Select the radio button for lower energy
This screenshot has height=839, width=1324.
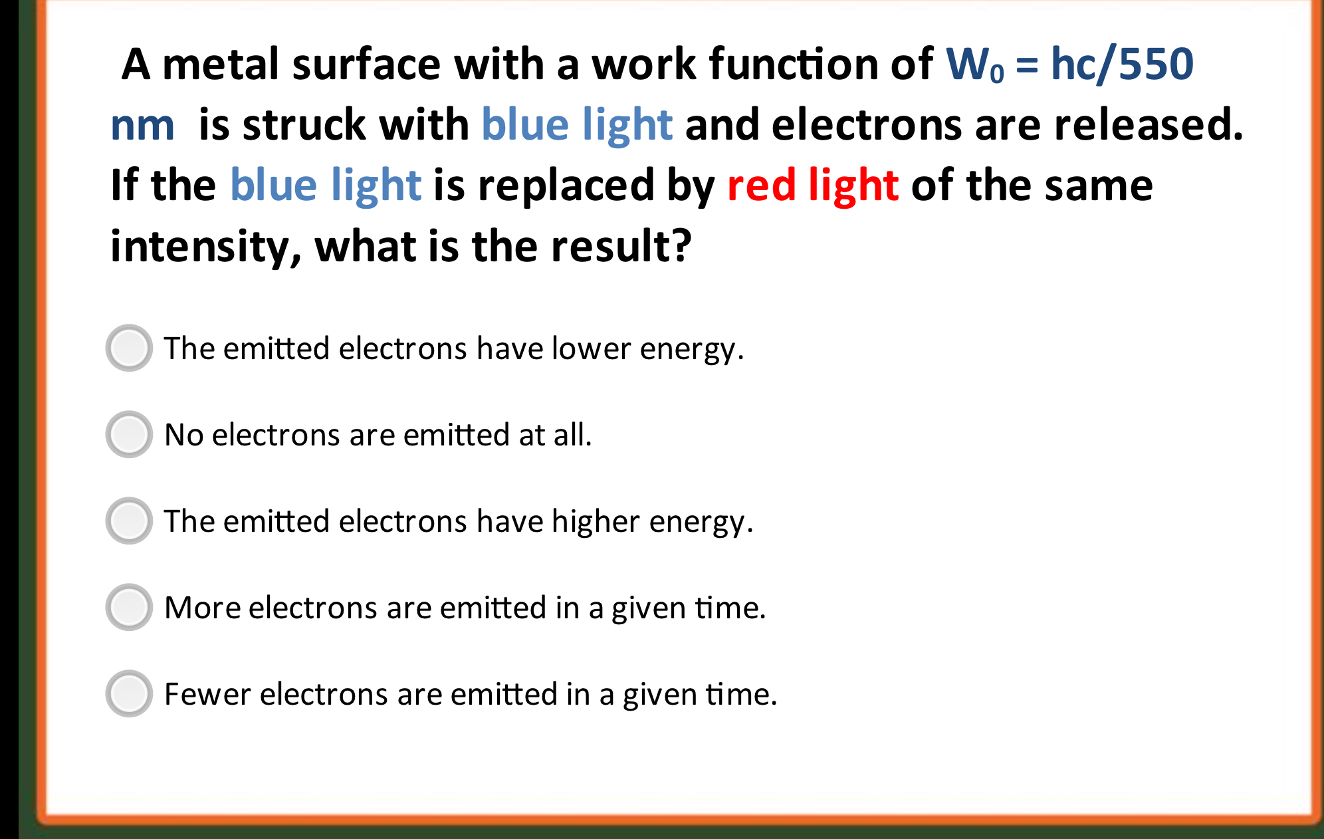(129, 348)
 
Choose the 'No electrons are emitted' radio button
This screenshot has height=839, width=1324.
(129, 434)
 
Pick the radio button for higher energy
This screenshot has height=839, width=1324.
(129, 521)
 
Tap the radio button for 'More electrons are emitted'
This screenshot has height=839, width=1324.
(129, 607)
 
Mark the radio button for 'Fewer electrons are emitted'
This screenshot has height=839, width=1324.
(129, 693)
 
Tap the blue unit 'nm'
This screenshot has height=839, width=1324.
(142, 126)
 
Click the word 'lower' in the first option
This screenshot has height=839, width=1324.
(591, 348)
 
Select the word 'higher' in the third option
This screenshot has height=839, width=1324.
(596, 521)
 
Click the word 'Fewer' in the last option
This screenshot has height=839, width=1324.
(207, 694)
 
